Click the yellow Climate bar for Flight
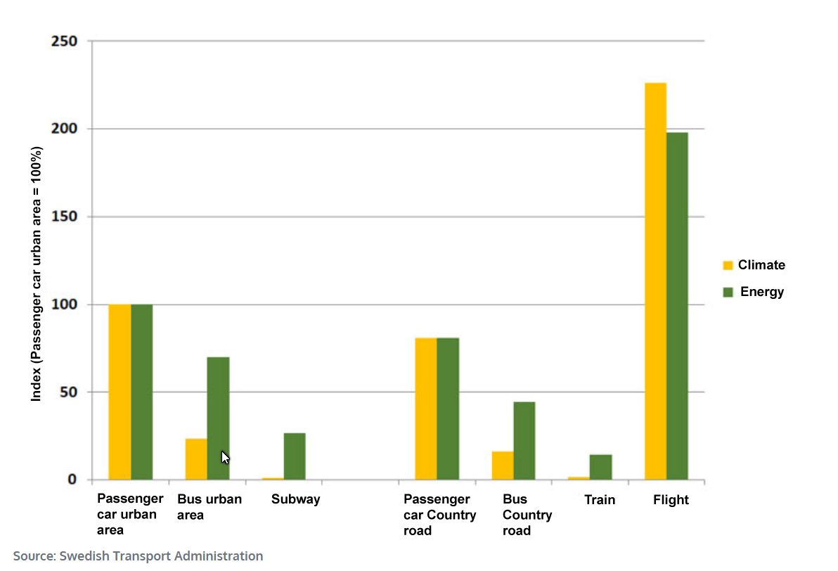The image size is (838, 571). point(655,281)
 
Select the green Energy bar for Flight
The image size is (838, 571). point(677,306)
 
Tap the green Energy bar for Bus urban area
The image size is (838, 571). point(218,418)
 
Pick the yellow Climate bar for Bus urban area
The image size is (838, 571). point(196,459)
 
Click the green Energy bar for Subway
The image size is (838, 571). point(295,456)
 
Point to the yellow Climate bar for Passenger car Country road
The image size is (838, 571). point(425,409)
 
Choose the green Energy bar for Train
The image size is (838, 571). point(600,467)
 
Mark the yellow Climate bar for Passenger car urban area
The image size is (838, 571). point(120,392)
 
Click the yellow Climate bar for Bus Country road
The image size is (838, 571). point(503,466)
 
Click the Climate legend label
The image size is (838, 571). point(761,265)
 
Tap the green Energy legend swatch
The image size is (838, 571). point(728,292)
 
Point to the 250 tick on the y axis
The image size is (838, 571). point(65,41)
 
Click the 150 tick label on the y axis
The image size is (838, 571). point(65,217)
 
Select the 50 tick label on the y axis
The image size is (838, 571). point(68,392)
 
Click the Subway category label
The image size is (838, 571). point(295,499)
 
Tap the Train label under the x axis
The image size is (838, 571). point(600,500)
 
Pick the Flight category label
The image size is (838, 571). point(671,500)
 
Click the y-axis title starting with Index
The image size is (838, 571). point(37,274)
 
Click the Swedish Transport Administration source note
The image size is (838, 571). point(138,556)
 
